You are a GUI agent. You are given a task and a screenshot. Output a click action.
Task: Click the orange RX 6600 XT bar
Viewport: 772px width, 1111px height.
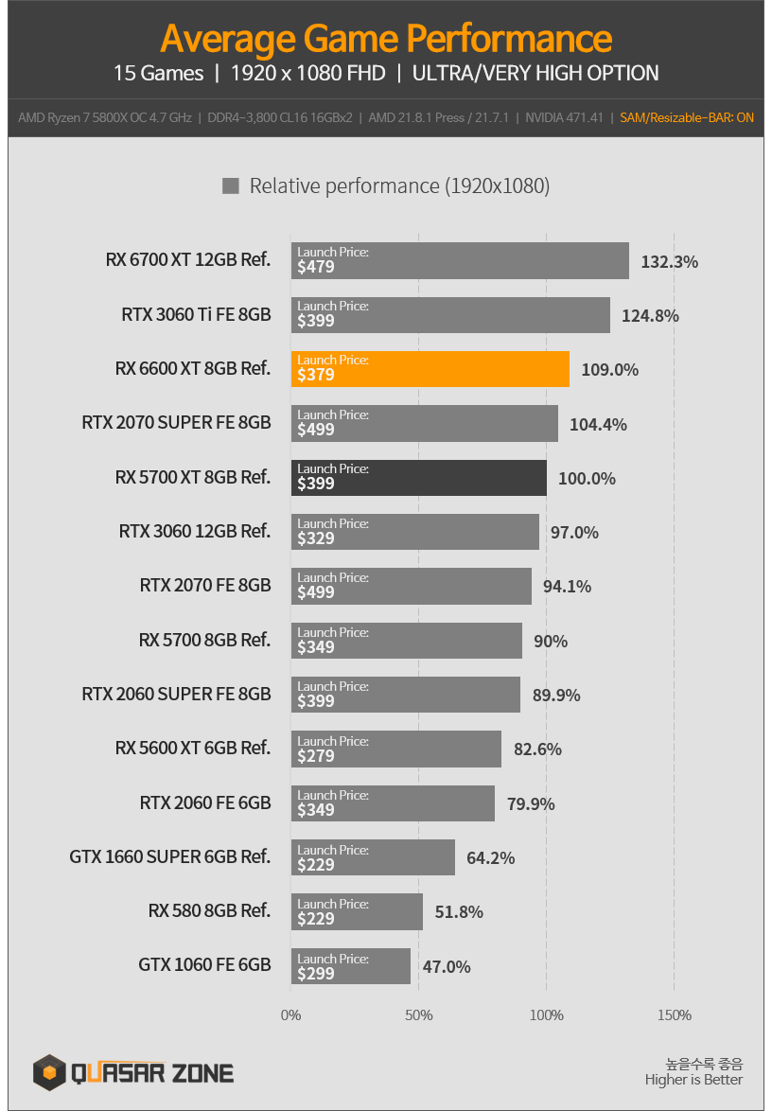(430, 369)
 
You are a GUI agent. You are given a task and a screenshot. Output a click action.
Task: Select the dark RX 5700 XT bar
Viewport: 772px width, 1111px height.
(419, 478)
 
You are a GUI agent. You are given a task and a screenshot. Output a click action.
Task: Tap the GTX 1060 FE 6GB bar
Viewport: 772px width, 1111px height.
(351, 966)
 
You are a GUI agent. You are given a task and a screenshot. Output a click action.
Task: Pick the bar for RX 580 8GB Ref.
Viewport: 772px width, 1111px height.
(357, 912)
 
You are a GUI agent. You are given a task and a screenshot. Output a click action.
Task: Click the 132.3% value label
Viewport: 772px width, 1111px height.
(669, 261)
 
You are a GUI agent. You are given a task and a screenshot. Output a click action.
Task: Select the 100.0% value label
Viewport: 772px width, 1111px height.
(587, 479)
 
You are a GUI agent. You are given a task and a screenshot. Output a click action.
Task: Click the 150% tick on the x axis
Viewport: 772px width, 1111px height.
(674, 1015)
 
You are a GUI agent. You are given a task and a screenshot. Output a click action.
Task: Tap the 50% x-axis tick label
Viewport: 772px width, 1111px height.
(419, 1015)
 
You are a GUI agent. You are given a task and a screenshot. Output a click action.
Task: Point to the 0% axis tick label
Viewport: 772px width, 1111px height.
(291, 1015)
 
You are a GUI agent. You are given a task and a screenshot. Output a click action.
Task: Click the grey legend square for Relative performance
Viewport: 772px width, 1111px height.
(230, 186)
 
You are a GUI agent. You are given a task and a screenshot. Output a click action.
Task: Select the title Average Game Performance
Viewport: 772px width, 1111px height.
(386, 39)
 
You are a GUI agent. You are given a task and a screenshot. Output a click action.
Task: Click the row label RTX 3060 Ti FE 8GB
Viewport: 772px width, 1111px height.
(196, 314)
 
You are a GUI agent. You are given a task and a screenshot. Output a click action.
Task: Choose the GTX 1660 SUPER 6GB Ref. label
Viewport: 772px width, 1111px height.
(170, 857)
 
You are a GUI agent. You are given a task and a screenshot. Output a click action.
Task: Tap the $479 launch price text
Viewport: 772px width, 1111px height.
(316, 268)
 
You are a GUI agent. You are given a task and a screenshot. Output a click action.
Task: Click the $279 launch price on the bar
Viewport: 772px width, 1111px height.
(316, 756)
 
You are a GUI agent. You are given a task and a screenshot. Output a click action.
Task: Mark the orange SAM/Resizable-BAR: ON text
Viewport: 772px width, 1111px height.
(687, 118)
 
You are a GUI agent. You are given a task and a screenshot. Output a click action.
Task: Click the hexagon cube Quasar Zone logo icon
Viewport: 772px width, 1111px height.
(49, 1072)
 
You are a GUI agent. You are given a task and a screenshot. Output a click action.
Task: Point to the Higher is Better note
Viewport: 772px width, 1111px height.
(693, 1080)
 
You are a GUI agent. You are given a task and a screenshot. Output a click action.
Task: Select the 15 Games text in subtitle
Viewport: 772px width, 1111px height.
(158, 73)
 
